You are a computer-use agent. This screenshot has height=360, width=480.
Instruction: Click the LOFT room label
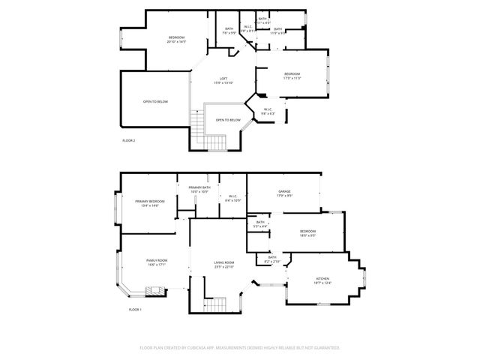point(223,78)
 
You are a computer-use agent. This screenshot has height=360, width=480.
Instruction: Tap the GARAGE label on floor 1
point(285,191)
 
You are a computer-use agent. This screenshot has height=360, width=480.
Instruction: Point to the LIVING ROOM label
point(224,262)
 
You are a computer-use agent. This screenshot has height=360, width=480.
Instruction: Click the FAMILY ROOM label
point(157,259)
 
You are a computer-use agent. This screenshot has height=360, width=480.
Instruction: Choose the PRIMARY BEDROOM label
point(150,201)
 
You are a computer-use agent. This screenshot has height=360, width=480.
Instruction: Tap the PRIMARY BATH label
point(199,187)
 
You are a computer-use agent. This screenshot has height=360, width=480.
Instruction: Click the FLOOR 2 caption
point(129,140)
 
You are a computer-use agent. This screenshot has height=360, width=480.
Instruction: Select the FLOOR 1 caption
point(135,309)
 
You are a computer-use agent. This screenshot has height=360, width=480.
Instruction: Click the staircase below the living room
point(216,304)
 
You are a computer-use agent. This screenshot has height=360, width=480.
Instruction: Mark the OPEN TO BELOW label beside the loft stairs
point(228,120)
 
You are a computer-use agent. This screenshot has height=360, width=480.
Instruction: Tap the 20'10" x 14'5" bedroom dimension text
point(177,42)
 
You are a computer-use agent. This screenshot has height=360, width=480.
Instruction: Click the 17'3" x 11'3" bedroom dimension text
point(292,78)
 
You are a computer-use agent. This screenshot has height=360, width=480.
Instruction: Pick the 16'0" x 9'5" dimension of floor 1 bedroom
point(307,235)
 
